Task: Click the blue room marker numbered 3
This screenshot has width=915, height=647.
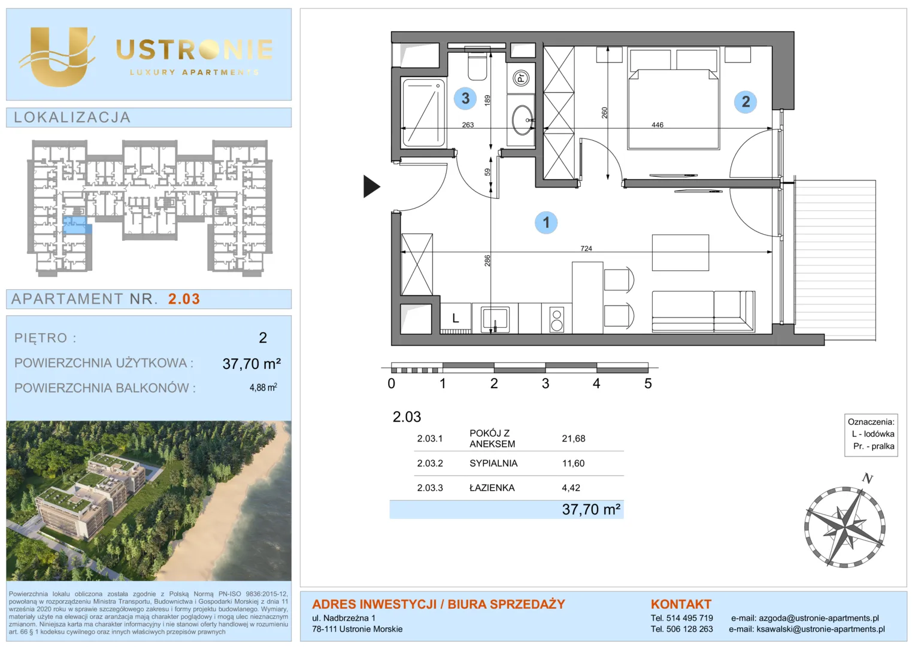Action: pyautogui.click(x=465, y=98)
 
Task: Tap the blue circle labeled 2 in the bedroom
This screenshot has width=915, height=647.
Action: pyautogui.click(x=746, y=101)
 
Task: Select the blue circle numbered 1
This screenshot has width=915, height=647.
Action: pyautogui.click(x=546, y=223)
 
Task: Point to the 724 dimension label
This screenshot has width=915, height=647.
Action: pyautogui.click(x=586, y=248)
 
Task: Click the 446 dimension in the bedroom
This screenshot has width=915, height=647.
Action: pyautogui.click(x=658, y=125)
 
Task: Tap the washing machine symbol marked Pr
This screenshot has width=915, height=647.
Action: pyautogui.click(x=521, y=77)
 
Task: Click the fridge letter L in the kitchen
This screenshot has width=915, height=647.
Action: pyautogui.click(x=456, y=318)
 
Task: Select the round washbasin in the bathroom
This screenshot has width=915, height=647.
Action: pyautogui.click(x=522, y=120)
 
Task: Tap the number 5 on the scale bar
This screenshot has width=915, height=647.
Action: pyautogui.click(x=648, y=383)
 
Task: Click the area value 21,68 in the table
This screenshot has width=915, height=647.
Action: pyautogui.click(x=574, y=439)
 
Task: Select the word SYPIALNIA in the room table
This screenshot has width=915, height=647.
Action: pyautogui.click(x=493, y=463)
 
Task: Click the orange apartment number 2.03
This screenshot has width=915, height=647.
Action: pyautogui.click(x=184, y=299)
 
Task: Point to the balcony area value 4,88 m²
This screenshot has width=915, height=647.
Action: pyautogui.click(x=263, y=388)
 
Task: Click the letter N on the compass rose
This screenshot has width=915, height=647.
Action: pyautogui.click(x=868, y=478)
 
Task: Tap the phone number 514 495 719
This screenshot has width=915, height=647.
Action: pyautogui.click(x=689, y=618)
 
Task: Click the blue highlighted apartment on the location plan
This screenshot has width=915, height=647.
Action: pyautogui.click(x=77, y=226)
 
